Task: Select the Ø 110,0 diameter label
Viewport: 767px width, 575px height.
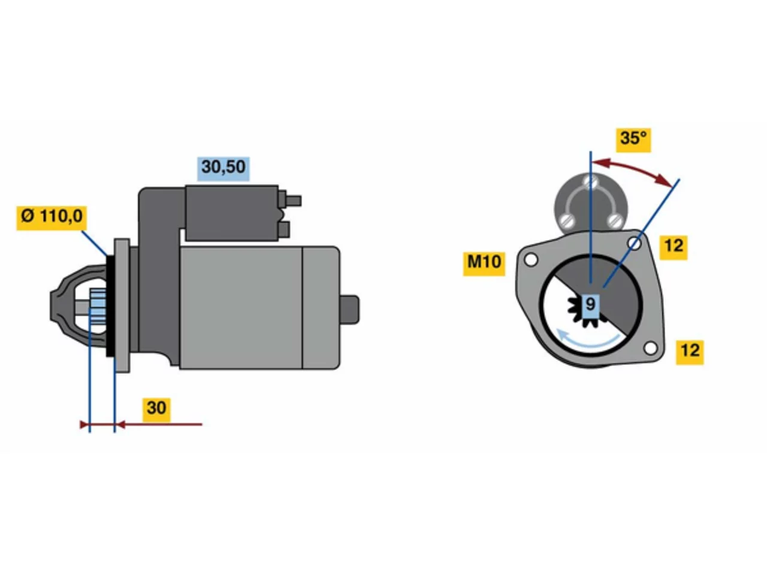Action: tap(52, 217)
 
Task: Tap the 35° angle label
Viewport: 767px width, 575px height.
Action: tap(633, 140)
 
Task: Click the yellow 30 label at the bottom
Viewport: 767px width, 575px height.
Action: tap(156, 409)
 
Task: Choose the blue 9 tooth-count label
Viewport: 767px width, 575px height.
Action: tap(590, 305)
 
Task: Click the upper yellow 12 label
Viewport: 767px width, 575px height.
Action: tap(673, 247)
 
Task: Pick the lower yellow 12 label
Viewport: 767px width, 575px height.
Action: tap(690, 352)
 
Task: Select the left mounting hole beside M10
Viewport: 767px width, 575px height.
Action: tap(531, 260)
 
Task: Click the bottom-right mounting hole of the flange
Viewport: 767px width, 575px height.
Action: tap(650, 348)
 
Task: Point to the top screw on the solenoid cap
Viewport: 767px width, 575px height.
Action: tap(591, 181)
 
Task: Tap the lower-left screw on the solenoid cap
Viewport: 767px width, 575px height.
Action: tap(567, 220)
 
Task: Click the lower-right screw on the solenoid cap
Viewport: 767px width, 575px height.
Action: tap(614, 220)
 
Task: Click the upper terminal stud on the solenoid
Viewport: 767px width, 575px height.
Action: tap(293, 200)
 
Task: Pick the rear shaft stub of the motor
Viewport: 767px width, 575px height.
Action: tap(349, 310)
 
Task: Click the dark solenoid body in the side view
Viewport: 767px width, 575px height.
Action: tap(232, 213)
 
